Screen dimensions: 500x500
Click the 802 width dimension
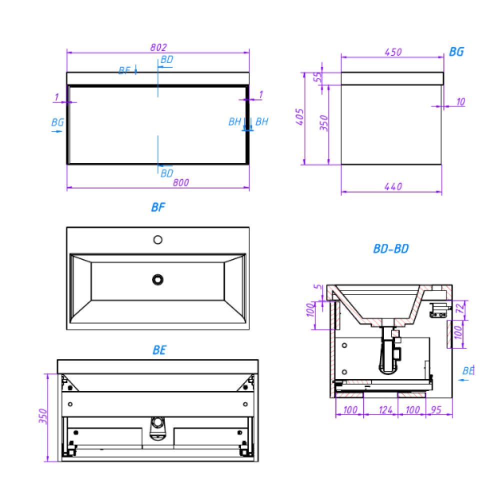[x=158, y=47]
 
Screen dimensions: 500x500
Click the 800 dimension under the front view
[x=181, y=182]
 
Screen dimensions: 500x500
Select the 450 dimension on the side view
[x=393, y=52]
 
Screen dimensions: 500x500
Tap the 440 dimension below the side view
[x=393, y=186]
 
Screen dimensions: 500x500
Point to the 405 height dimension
[x=299, y=116]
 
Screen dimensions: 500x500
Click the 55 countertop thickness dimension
[x=318, y=77]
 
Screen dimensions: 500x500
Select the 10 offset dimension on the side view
[x=460, y=101]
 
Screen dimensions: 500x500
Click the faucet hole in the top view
[x=158, y=239]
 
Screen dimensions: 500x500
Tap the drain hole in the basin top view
[x=158, y=279]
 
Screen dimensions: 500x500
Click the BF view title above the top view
[x=158, y=207]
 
